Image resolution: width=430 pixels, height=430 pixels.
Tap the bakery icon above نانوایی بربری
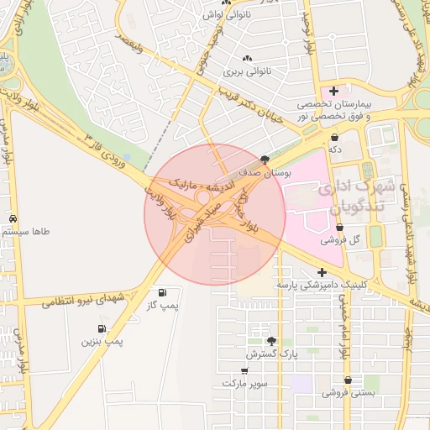tap(247, 58)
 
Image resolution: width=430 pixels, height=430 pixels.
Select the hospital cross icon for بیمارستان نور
tap(334, 91)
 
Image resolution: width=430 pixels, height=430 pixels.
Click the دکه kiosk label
tap(336, 148)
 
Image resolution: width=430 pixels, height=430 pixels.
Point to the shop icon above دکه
tap(336, 136)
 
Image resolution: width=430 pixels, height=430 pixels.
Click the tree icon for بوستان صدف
tap(266, 160)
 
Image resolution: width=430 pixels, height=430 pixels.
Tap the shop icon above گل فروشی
tap(339, 228)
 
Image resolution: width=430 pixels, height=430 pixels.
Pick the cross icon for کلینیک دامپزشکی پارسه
tap(322, 272)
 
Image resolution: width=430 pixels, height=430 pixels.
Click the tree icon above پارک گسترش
tap(271, 341)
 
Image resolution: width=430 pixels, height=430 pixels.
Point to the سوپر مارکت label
tap(244, 383)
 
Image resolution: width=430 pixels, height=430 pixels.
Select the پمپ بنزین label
tap(102, 341)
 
